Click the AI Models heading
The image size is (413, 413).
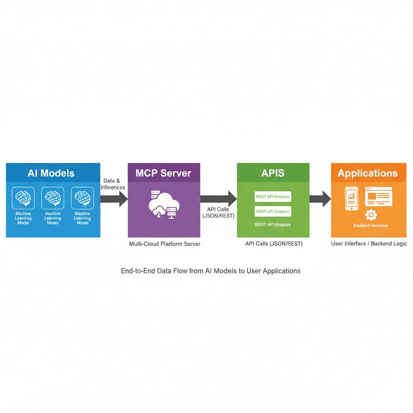tap(51, 173)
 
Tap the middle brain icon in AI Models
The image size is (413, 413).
tap(53, 198)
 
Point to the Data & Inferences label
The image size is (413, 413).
tap(113, 184)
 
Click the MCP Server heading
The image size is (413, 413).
tap(163, 173)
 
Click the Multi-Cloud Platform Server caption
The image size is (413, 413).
tap(165, 244)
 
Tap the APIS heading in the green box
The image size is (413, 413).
tap(273, 173)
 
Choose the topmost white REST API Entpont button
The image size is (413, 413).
tap(273, 197)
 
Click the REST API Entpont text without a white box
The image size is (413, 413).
tap(273, 225)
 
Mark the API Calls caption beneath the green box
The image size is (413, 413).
tap(274, 244)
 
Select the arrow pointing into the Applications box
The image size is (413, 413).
tap(320, 198)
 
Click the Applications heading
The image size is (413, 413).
tap(367, 173)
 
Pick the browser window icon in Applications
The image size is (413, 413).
tap(378, 197)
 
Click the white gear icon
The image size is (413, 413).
tap(371, 215)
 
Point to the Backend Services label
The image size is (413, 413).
tap(370, 225)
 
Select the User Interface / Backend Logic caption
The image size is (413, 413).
tap(369, 244)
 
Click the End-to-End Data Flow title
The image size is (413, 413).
tap(211, 271)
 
